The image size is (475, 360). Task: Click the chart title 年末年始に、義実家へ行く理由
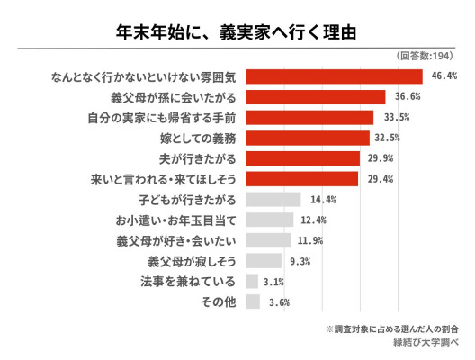point(236,32)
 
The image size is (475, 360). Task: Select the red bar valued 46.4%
point(334,76)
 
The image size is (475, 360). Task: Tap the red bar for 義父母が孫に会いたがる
point(316,97)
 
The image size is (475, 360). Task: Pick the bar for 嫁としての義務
point(308,139)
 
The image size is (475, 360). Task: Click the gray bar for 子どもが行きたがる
point(273,200)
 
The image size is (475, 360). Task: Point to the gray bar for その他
point(253,301)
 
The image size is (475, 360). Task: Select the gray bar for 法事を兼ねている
point(252,281)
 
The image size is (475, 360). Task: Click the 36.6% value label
point(408,96)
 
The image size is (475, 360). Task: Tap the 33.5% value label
point(397,117)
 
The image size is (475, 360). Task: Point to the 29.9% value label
point(381,158)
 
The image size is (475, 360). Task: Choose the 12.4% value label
point(314,220)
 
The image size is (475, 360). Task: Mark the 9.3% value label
point(300,261)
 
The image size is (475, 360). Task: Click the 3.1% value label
point(273,282)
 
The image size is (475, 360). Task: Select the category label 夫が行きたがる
point(198,158)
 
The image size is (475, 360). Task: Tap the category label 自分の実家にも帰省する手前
point(162,118)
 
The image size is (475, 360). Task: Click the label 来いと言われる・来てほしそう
point(164,179)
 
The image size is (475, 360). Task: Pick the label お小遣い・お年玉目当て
point(175,220)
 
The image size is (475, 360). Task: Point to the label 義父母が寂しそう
point(192,261)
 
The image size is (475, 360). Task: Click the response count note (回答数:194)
point(425,56)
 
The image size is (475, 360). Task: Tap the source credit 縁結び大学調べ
point(426,342)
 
